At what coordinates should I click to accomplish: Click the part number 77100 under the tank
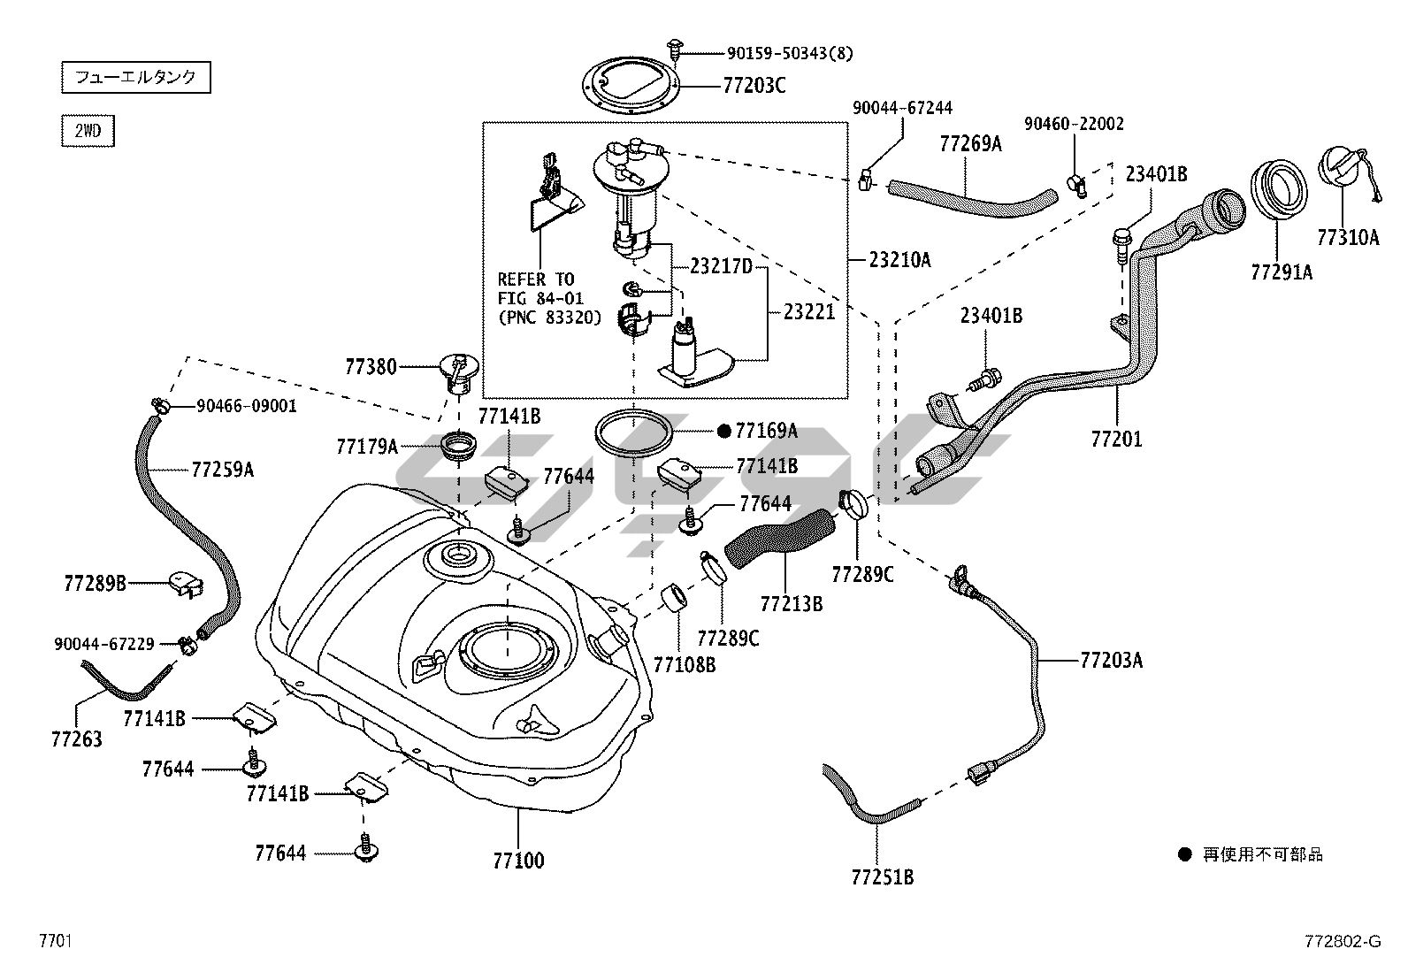(x=518, y=860)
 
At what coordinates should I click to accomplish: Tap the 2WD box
(x=88, y=131)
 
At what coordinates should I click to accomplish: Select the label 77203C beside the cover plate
(x=754, y=86)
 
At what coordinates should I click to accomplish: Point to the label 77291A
(x=1282, y=272)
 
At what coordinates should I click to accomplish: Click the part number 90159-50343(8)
(x=778, y=54)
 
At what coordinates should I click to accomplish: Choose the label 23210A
(x=899, y=259)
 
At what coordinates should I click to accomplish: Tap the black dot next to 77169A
(x=723, y=431)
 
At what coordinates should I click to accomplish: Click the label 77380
(x=371, y=365)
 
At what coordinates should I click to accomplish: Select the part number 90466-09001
(x=247, y=406)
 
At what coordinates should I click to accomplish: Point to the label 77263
(x=76, y=739)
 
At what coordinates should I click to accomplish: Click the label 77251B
(x=882, y=876)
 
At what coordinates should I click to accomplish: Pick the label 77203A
(x=1111, y=660)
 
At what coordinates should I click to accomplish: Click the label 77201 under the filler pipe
(x=1116, y=438)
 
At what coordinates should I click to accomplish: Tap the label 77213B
(x=792, y=603)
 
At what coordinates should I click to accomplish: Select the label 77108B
(x=685, y=664)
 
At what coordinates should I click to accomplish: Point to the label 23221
(x=808, y=311)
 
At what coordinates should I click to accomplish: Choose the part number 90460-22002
(x=1075, y=124)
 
